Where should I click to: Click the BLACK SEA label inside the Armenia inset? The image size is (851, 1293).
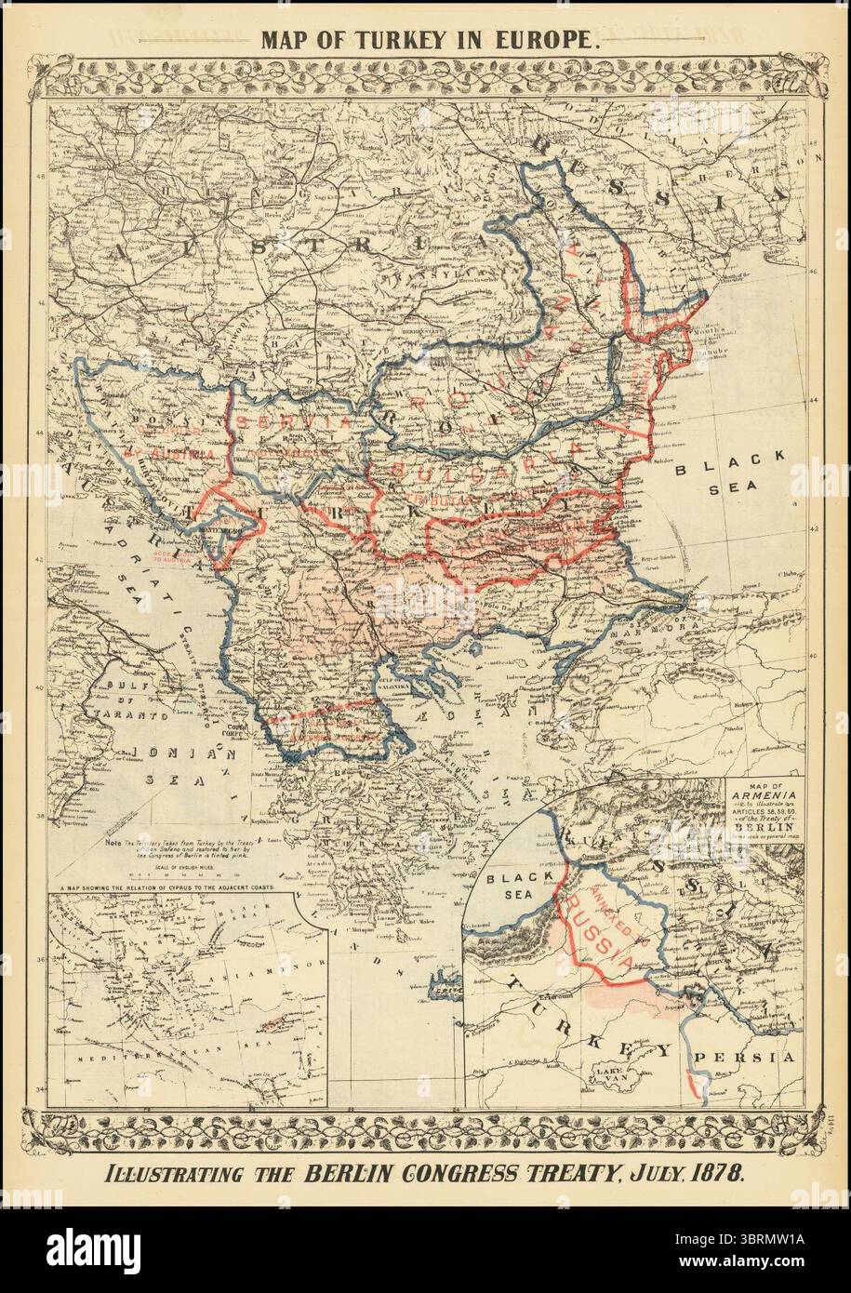tap(513, 885)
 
